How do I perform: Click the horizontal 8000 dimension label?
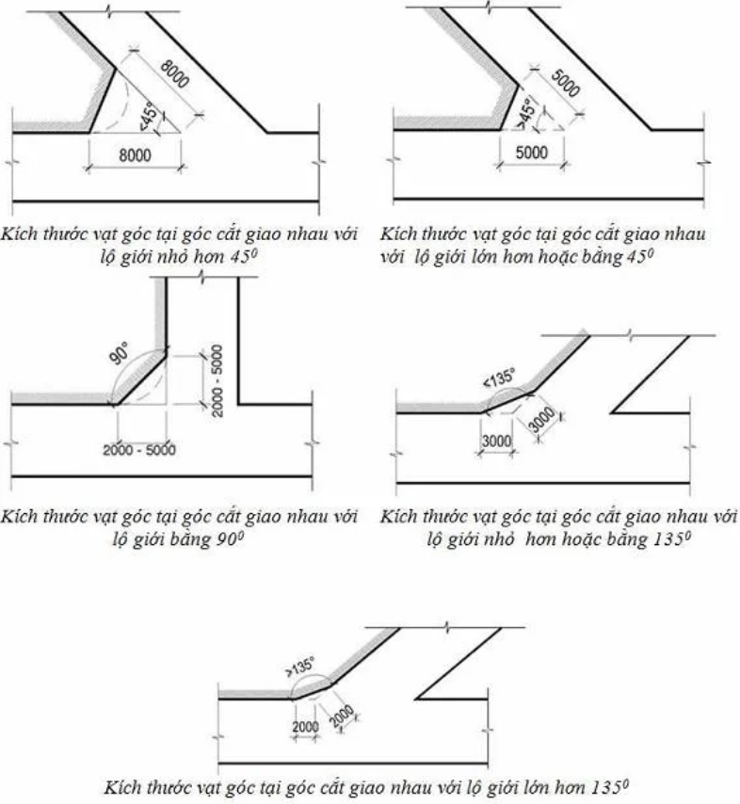coord(135,154)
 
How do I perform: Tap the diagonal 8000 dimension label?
coord(175,73)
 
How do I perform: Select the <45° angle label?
coord(148,117)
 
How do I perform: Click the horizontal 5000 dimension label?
coord(532,153)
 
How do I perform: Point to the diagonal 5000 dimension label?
coord(565,83)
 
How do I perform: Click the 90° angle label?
coord(120,354)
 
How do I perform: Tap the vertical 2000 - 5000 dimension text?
coord(217,381)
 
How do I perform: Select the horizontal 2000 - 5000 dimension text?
coord(139,450)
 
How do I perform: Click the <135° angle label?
coord(499,378)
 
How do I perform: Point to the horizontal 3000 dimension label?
coord(496,441)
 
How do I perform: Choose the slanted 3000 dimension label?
coord(541,420)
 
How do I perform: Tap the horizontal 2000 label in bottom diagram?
coord(306,727)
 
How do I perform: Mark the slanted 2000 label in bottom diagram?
coord(341,716)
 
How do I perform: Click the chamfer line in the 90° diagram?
coord(140,378)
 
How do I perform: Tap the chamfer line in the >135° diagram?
coord(313,691)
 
